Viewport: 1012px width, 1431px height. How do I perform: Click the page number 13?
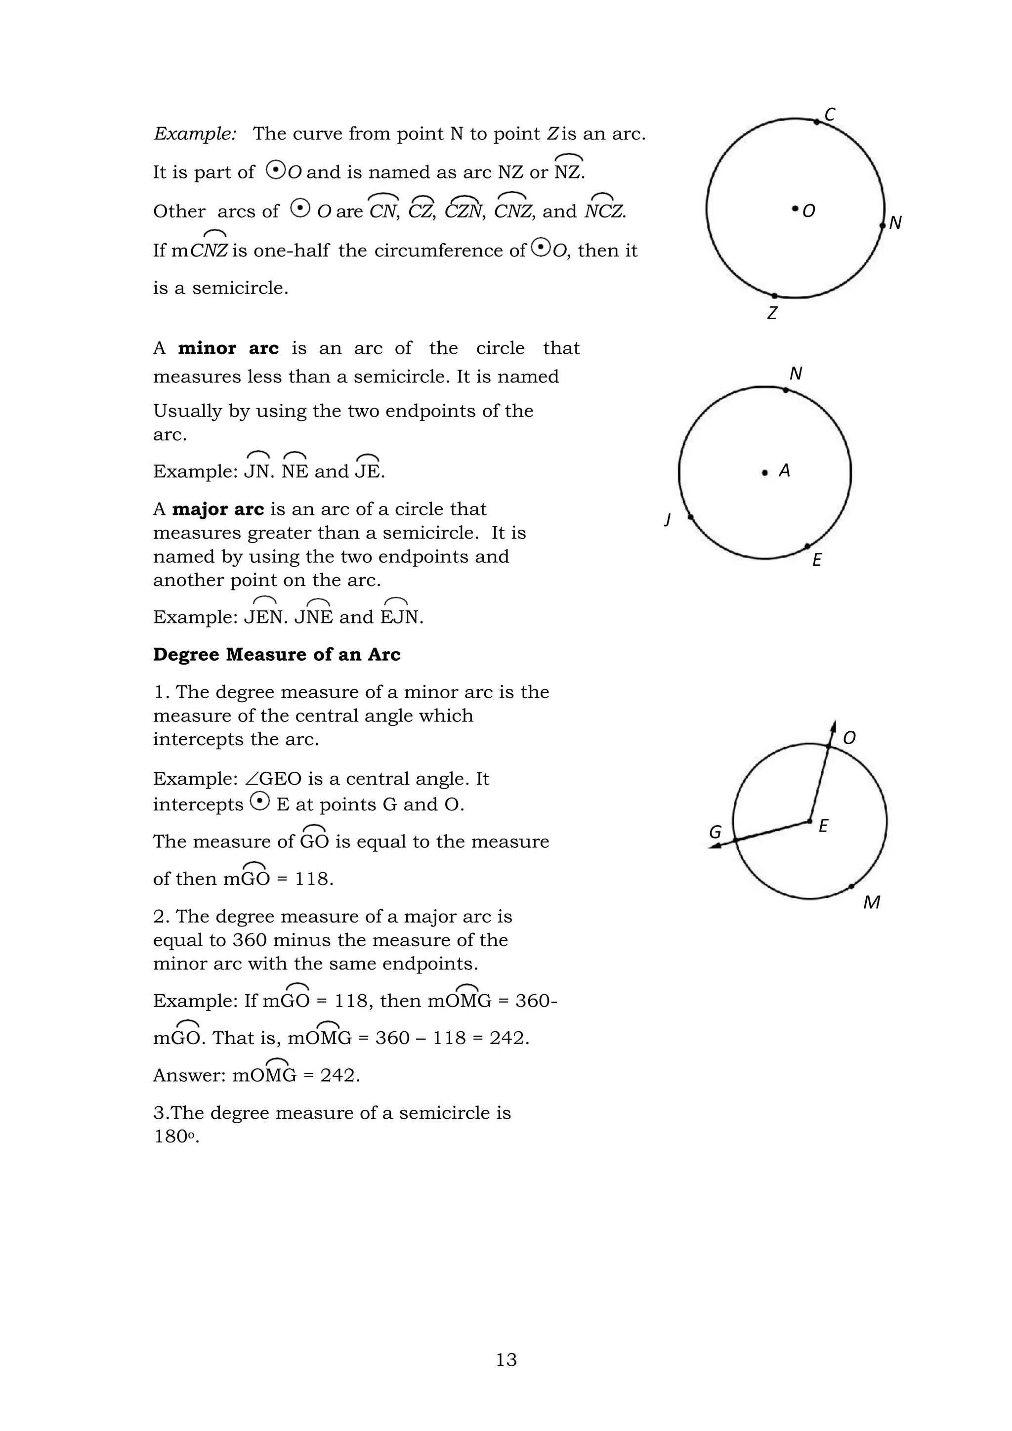click(x=506, y=1359)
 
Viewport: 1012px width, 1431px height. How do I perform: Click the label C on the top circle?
click(x=830, y=115)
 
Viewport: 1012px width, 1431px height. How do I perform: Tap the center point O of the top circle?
click(x=795, y=209)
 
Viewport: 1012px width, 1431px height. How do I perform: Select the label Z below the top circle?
click(x=772, y=313)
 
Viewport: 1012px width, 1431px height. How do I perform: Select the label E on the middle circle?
click(x=817, y=560)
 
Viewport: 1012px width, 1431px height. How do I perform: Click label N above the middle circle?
click(x=796, y=374)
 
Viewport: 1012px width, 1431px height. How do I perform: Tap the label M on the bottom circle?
click(x=871, y=902)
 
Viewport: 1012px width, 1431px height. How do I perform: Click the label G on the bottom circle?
click(x=716, y=832)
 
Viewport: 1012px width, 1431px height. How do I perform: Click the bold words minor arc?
click(x=228, y=348)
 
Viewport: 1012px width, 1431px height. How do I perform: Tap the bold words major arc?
click(x=218, y=509)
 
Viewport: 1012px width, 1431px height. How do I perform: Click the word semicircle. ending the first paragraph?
click(x=240, y=288)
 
